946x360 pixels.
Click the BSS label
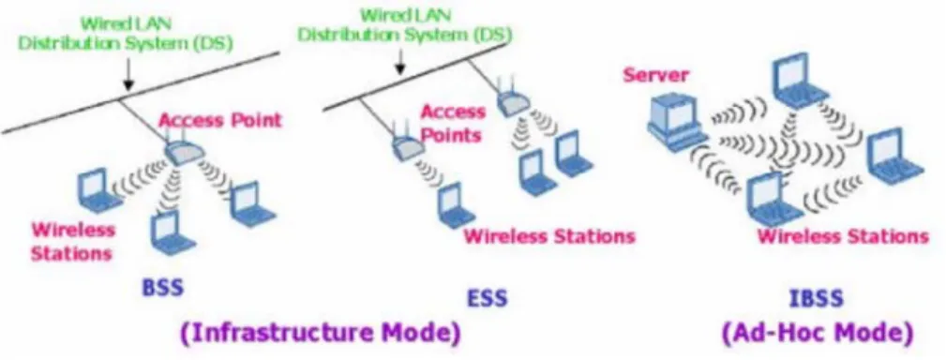click(x=162, y=287)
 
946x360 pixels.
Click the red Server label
click(x=655, y=75)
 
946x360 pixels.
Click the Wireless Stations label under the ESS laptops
click(x=549, y=235)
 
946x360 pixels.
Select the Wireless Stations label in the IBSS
click(x=843, y=235)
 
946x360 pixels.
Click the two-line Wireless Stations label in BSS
click(x=72, y=241)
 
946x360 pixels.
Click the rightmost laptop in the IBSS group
click(x=895, y=155)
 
